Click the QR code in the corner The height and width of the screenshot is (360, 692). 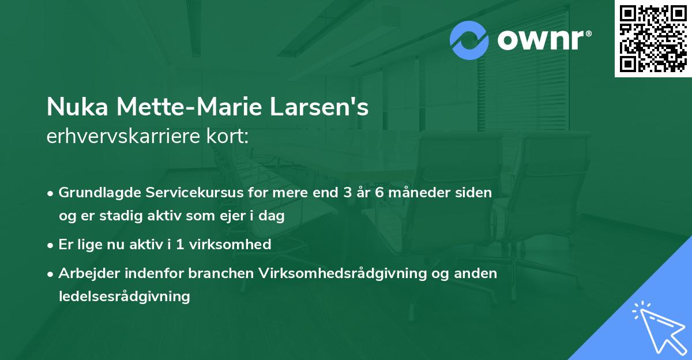tap(653, 39)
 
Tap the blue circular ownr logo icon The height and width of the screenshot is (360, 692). tap(469, 40)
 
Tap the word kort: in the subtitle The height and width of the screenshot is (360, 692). tap(228, 137)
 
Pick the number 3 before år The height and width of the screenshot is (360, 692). tap(347, 193)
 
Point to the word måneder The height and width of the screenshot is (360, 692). tap(419, 193)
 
